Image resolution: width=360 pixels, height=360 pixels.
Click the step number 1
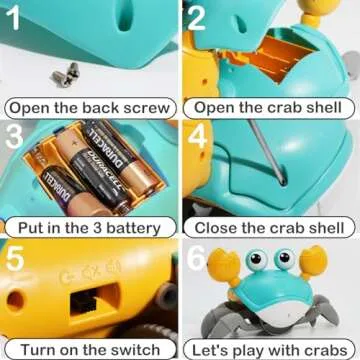(x=14, y=17)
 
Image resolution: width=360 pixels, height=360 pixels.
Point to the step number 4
(x=197, y=136)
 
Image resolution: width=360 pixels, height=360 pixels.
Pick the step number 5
(x=14, y=258)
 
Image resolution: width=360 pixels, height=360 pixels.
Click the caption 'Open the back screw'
(x=89, y=107)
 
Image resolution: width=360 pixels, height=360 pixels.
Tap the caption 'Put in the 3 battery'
(x=89, y=228)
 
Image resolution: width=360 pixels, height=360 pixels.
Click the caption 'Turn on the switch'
(x=90, y=349)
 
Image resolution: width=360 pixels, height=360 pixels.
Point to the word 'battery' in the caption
(x=139, y=228)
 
